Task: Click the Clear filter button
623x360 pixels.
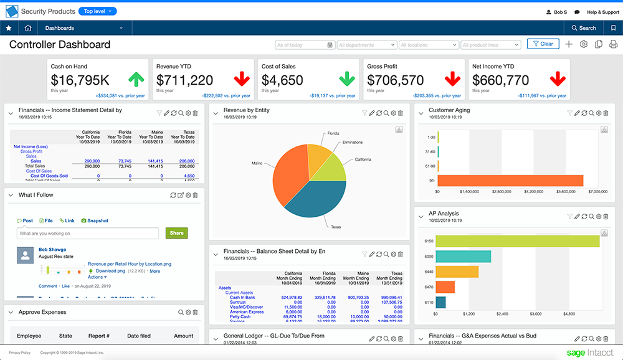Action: coord(543,44)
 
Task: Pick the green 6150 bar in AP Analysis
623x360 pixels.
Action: coord(517,241)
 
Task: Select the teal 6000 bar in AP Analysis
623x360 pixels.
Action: coord(463,256)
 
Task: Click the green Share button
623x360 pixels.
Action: coord(177,233)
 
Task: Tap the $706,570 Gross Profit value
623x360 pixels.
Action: coord(396,80)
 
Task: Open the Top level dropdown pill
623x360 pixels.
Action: coord(98,11)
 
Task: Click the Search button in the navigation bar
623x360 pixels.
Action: coord(584,28)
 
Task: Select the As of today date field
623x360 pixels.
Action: coord(304,45)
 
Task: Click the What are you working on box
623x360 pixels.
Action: coord(88,234)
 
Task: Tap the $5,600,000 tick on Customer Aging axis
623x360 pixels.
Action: coord(566,192)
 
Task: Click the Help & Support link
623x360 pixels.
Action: coord(602,12)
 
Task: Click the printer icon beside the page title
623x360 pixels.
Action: coord(613,44)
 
